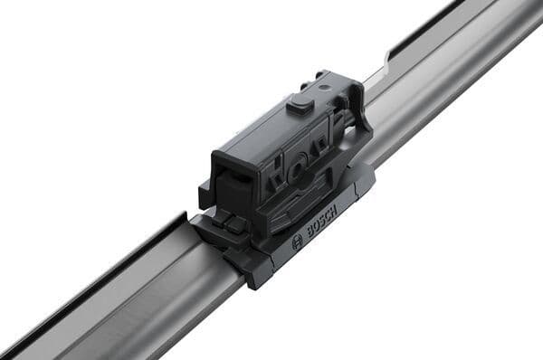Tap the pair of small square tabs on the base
[226, 223]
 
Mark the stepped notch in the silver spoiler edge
[388, 62]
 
